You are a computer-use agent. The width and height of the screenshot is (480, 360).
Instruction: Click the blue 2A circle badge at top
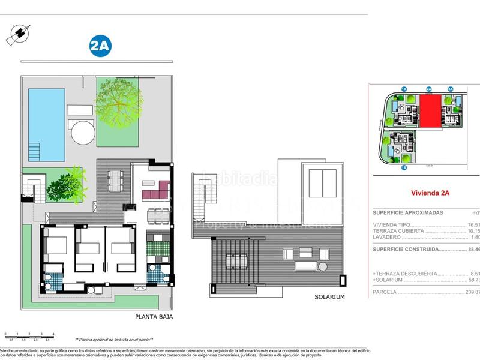coord(100,46)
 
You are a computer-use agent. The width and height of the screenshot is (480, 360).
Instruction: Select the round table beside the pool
coord(83,132)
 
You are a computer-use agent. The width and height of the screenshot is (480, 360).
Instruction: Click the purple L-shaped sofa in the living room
coord(158,191)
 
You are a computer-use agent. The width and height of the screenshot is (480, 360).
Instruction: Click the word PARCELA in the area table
coord(386,292)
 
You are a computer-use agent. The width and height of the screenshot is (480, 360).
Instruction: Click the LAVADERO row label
coord(387,237)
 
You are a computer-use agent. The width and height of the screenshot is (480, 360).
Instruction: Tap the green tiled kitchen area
coord(157,247)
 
